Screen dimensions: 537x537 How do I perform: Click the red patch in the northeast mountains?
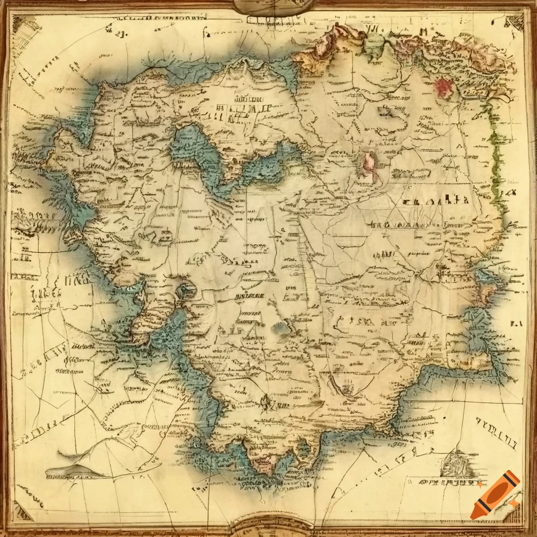coord(444,87)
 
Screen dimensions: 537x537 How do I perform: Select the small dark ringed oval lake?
coord(185,290)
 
